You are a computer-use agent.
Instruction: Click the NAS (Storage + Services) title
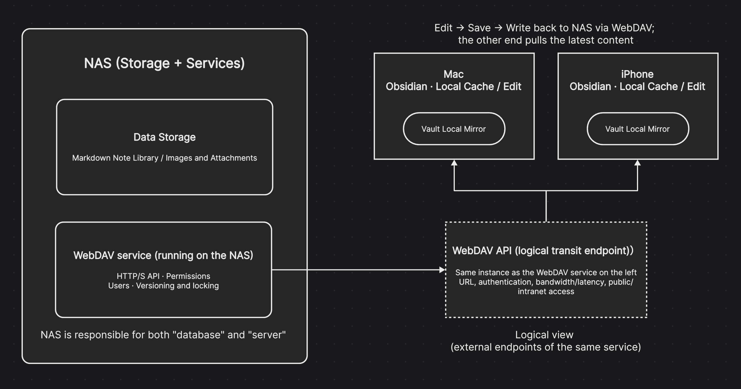tap(164, 63)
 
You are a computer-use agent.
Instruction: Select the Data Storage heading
tap(164, 137)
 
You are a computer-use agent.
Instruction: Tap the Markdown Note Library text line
tap(164, 158)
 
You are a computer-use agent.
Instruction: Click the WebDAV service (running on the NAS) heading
tap(163, 255)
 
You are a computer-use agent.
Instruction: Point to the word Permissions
tap(188, 276)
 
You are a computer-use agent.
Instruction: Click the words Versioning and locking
tap(177, 286)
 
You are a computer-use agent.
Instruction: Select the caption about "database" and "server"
tap(163, 335)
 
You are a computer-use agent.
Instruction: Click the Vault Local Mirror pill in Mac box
tap(454, 129)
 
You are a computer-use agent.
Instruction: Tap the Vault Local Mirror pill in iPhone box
tap(638, 129)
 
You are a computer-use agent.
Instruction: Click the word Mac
tap(453, 74)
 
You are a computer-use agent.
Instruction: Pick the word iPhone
tap(637, 74)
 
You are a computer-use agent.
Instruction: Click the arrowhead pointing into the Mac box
tap(454, 163)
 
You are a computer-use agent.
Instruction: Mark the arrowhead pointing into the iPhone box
tap(638, 163)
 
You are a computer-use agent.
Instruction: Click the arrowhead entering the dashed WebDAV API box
tap(442, 270)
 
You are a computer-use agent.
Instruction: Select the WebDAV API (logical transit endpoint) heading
tap(543, 251)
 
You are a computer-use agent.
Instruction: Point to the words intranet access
tap(546, 291)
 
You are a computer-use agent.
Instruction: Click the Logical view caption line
tap(544, 335)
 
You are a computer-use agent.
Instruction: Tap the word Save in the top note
tap(479, 28)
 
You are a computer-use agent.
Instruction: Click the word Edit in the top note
tap(443, 28)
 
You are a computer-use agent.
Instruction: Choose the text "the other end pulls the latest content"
tap(545, 40)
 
